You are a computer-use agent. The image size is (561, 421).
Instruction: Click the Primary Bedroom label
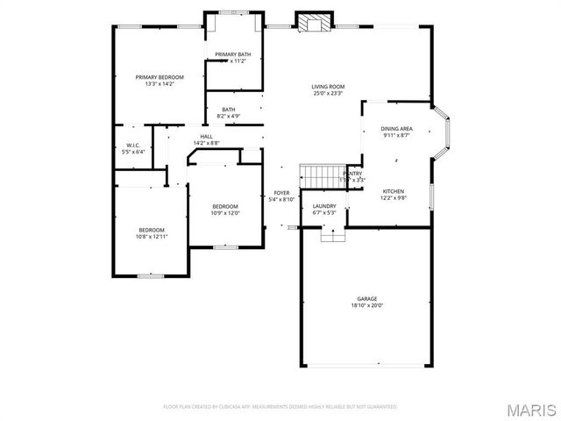pos(154,77)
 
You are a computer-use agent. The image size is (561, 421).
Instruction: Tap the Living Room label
pos(328,86)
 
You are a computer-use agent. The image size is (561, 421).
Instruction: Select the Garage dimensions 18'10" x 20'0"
pos(366,305)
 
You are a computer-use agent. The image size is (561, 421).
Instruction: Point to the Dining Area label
pos(396,129)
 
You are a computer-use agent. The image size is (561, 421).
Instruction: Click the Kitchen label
pos(393,191)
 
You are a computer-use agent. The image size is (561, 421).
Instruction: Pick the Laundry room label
pos(324,206)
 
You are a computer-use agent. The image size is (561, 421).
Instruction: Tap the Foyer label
pos(281,193)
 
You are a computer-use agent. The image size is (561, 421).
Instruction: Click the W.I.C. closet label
pos(133,145)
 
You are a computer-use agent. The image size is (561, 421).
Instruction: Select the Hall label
pos(206,136)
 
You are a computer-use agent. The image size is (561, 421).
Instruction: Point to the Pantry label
pos(352,174)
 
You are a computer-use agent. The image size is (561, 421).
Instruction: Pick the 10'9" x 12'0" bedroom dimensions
pos(224,213)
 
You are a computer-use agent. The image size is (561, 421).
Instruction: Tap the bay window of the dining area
pos(444,133)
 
